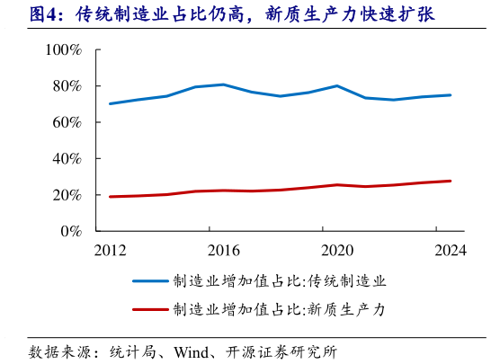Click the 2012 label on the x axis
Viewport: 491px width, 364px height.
(110, 251)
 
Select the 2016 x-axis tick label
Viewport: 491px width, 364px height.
(223, 251)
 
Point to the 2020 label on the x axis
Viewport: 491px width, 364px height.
(336, 251)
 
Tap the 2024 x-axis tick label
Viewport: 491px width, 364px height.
(450, 251)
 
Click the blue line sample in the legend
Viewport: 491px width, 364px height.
(151, 281)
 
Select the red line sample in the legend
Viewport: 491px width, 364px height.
(151, 310)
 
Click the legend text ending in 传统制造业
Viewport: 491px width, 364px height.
(279, 281)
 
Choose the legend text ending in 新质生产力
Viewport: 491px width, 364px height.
(279, 310)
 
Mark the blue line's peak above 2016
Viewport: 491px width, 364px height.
(223, 84)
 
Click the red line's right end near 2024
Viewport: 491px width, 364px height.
(450, 181)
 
